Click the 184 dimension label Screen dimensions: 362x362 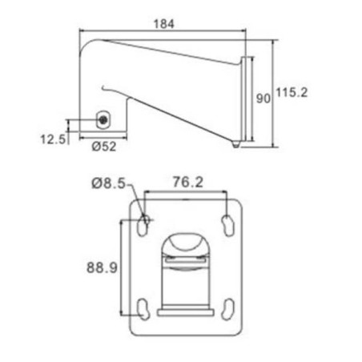point(164,24)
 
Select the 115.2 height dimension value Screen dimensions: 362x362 point(292,93)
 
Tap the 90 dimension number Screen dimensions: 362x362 point(263,99)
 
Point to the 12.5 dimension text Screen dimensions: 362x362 point(53,139)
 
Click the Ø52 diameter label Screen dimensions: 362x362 point(104,147)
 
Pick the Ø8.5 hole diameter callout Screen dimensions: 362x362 point(108,183)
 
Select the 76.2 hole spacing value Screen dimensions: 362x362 point(188,182)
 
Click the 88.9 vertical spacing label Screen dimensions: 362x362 point(102,267)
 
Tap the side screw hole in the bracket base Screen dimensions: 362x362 point(103,120)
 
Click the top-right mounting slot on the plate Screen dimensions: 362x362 point(227,225)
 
